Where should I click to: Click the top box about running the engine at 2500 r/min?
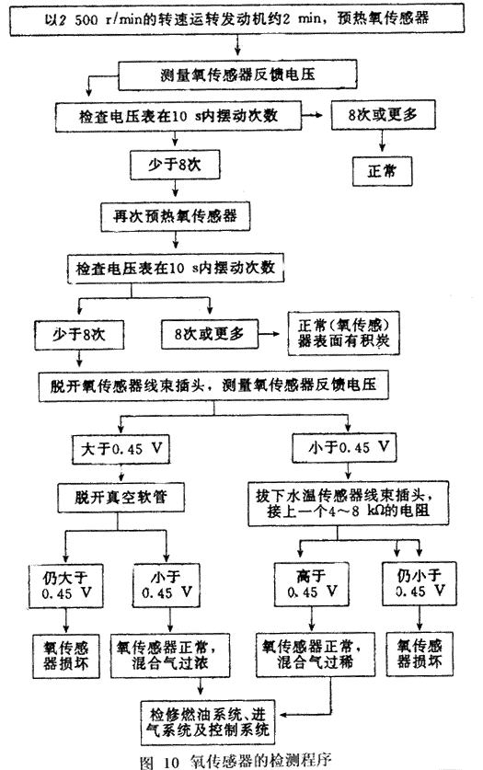click(237, 19)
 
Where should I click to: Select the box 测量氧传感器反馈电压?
click(237, 75)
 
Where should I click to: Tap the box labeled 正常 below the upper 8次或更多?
click(382, 171)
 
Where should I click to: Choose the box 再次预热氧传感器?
click(175, 216)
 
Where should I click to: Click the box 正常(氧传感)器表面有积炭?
click(343, 333)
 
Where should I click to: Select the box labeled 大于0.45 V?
click(121, 449)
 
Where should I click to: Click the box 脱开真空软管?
click(121, 498)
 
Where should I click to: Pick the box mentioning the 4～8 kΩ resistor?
click(348, 503)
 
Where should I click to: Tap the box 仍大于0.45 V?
click(66, 586)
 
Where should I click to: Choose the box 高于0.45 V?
click(312, 584)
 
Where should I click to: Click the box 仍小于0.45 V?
click(420, 583)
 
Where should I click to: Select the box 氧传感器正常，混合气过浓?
click(170, 656)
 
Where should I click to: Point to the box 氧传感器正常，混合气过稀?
click(316, 655)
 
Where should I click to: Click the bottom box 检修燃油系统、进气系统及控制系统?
click(207, 722)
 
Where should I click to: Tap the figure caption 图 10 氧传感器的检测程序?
click(236, 761)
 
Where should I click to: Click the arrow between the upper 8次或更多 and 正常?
click(382, 143)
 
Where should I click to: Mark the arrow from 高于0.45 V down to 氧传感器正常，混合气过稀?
click(311, 619)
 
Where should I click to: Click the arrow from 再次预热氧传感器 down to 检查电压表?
click(176, 240)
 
